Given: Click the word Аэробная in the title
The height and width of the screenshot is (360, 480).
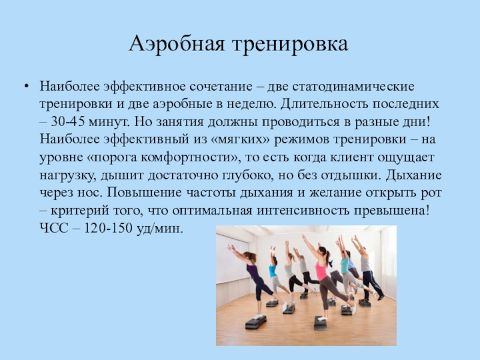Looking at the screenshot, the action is [178, 44].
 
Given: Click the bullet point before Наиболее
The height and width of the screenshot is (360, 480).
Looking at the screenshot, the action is [27, 86].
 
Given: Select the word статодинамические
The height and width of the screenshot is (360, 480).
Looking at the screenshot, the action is [353, 86].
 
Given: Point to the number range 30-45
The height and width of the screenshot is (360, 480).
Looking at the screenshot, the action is [68, 122].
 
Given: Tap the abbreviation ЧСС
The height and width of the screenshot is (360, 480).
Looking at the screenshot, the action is [54, 228].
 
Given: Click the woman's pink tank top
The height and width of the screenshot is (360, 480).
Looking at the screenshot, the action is [321, 271].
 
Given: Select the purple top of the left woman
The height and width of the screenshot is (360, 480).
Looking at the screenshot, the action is [252, 271].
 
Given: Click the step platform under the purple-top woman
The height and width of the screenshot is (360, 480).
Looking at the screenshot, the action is [256, 322].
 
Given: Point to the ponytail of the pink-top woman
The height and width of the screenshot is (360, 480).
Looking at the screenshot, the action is [328, 258].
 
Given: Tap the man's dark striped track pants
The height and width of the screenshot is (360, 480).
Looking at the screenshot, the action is [372, 284].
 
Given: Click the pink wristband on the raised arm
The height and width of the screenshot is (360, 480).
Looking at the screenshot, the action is [235, 251].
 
